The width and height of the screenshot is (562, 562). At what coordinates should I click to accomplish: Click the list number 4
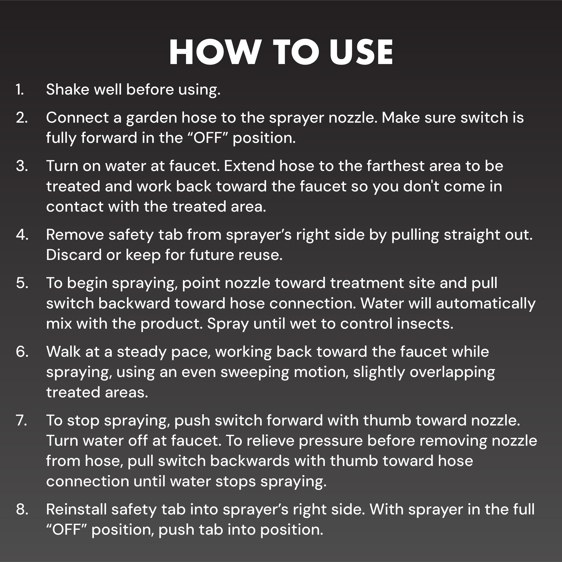pos(22,234)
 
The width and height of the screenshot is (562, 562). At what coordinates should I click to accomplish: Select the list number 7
pos(22,421)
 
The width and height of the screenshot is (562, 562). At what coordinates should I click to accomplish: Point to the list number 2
pos(22,118)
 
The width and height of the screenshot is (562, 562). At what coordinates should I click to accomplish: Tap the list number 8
pos(22,509)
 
